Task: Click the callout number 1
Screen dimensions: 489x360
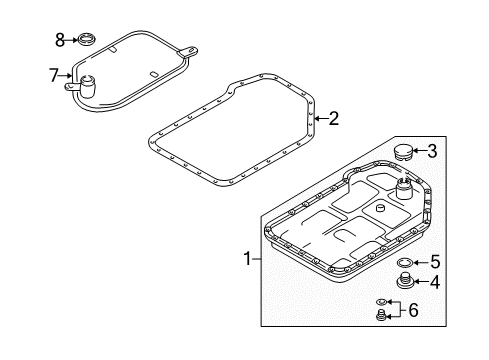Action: click(x=247, y=259)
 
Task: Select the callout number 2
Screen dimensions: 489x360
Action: click(x=334, y=118)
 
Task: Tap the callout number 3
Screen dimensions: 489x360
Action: click(x=432, y=151)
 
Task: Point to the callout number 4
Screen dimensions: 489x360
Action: click(x=435, y=282)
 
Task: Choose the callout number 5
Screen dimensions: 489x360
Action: click(x=435, y=262)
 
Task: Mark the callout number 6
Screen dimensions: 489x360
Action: click(x=413, y=310)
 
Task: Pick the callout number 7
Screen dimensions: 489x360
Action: click(x=54, y=75)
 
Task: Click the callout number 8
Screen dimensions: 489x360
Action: click(x=60, y=40)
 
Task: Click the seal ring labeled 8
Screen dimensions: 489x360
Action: click(x=87, y=40)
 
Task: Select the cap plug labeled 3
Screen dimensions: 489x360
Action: click(x=402, y=153)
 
